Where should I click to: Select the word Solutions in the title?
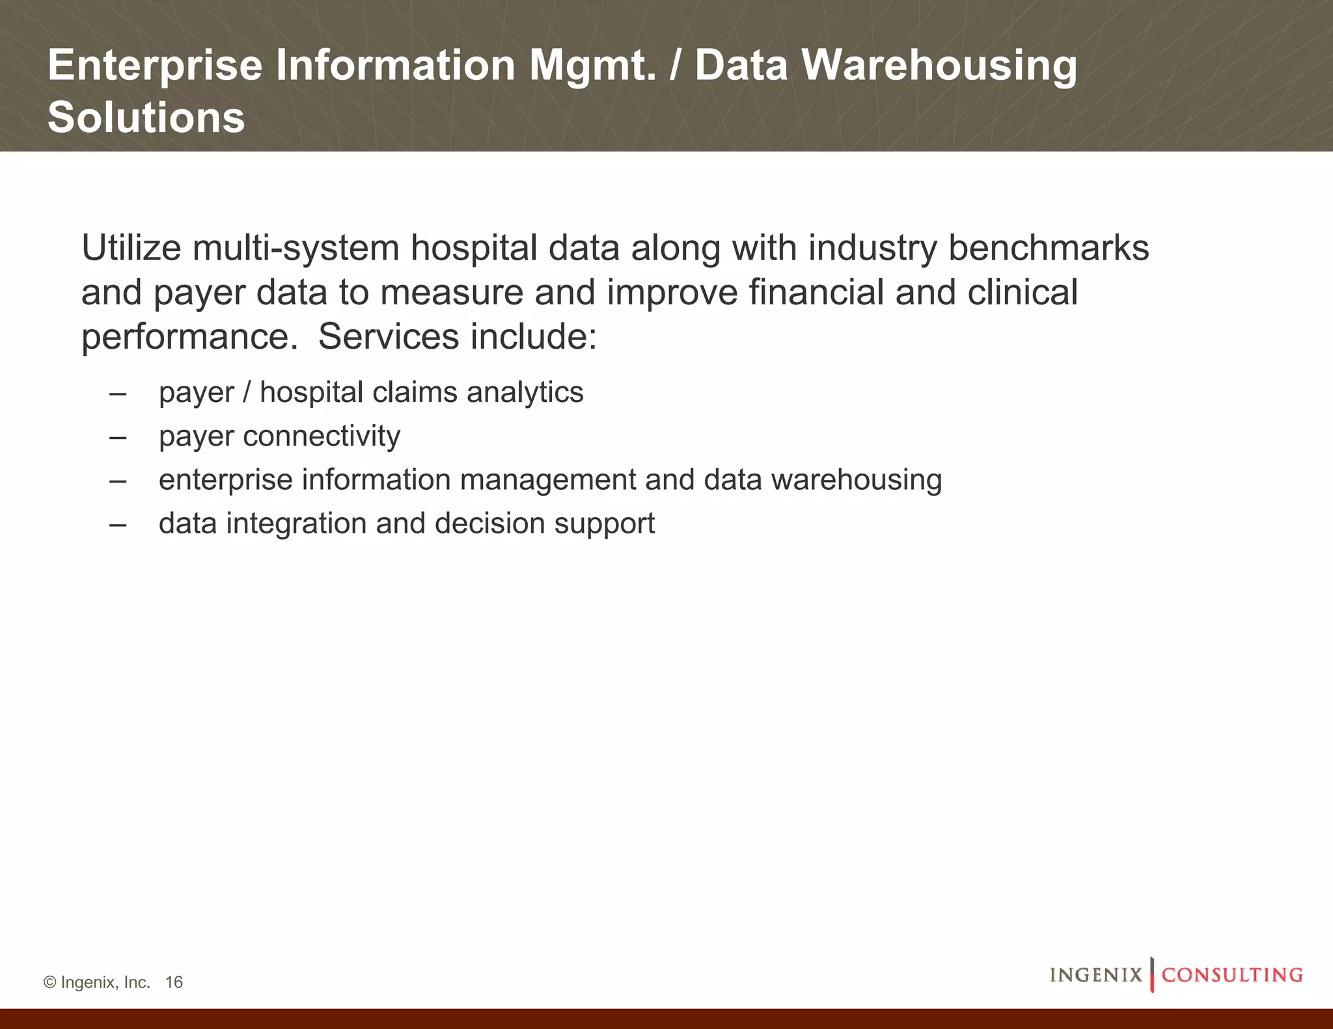(x=146, y=118)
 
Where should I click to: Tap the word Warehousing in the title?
(x=939, y=66)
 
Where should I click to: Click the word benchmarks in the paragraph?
(x=1049, y=248)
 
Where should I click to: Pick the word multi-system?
(x=295, y=248)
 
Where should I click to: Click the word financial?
(x=816, y=292)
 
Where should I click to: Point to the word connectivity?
(x=322, y=436)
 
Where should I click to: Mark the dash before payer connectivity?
(x=118, y=436)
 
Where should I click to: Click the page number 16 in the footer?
(x=174, y=982)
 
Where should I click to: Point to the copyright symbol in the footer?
(x=49, y=982)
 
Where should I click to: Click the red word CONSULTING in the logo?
(x=1232, y=975)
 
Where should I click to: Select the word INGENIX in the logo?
(x=1096, y=975)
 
